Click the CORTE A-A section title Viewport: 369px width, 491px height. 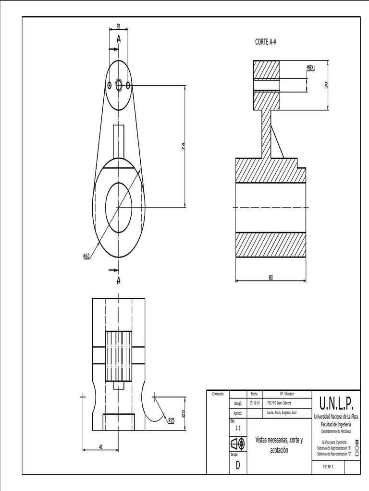[x=266, y=42]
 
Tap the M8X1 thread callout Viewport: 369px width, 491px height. [x=310, y=68]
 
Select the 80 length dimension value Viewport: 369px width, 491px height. [x=271, y=277]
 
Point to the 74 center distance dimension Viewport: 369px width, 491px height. [x=183, y=147]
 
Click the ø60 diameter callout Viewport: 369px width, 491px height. [x=86, y=257]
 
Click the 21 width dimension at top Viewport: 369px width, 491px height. [x=118, y=26]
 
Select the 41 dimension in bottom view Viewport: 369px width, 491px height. [x=101, y=446]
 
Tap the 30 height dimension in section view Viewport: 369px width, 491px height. [x=326, y=85]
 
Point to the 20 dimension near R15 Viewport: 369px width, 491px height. [x=183, y=413]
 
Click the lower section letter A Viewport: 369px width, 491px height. [x=118, y=280]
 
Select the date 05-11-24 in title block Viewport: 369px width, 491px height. [x=255, y=403]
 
